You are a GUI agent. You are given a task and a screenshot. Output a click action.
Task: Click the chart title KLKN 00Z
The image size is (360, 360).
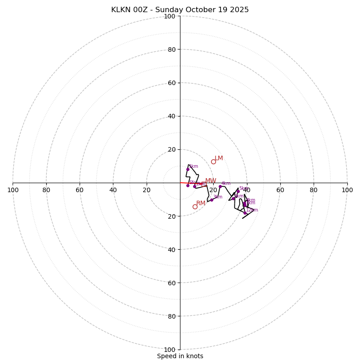click(x=180, y=10)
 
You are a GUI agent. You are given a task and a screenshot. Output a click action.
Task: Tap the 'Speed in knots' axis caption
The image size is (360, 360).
click(x=180, y=356)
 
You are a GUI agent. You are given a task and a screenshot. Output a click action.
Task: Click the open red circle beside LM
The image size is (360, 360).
click(x=213, y=162)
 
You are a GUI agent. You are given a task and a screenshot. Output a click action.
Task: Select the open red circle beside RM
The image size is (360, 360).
click(x=195, y=207)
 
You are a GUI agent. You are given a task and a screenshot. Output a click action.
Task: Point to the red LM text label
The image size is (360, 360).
click(x=219, y=158)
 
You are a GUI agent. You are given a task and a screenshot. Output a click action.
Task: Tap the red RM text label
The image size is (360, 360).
click(x=201, y=203)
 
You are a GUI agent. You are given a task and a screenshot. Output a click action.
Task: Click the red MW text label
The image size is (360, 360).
click(x=211, y=181)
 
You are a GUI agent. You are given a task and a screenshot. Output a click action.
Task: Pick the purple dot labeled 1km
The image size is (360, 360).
click(x=188, y=169)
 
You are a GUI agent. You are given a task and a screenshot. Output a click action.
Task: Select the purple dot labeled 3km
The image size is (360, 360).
click(x=211, y=200)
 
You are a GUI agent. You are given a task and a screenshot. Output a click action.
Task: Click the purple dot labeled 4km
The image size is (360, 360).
click(x=220, y=186)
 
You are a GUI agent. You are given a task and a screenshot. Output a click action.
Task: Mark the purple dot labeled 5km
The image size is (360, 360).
click(x=238, y=191)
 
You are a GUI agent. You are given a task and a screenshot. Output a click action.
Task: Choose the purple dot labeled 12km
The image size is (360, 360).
click(x=245, y=213)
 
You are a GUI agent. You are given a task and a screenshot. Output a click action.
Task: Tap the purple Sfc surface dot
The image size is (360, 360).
click(x=188, y=185)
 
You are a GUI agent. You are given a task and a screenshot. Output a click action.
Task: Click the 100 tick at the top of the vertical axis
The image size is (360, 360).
click(x=170, y=17)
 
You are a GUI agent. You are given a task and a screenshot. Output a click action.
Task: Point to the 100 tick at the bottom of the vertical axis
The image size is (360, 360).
click(x=170, y=350)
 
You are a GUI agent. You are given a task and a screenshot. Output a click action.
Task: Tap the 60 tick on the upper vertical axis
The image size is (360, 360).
click(x=171, y=83)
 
